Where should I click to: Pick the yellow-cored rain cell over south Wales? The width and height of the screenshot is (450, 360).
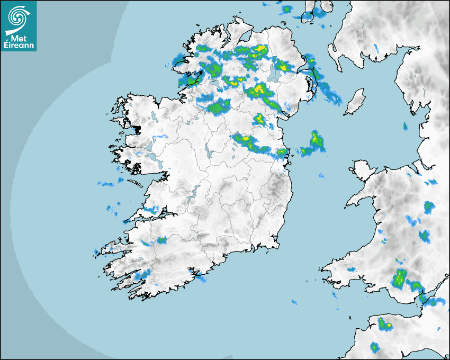pos(400,277)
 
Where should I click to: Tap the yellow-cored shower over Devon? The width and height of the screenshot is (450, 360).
pos(385,323)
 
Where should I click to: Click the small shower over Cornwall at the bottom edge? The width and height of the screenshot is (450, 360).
pos(375,347)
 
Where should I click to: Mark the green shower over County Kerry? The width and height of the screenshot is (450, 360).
pos(161,240)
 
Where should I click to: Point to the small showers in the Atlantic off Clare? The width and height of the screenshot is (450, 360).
pos(106,184)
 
